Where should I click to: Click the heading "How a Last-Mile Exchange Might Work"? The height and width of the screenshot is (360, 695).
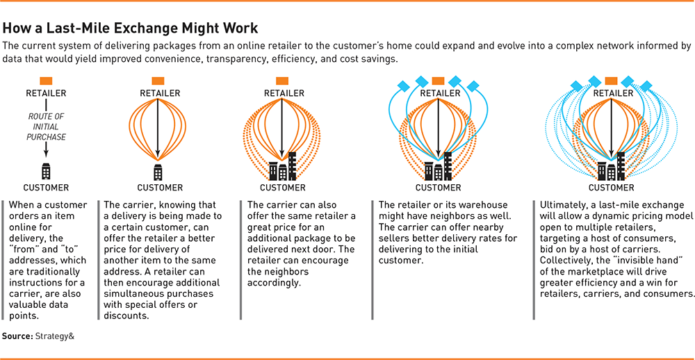pos(130,28)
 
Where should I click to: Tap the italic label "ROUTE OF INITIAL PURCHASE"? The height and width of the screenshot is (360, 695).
pos(47,127)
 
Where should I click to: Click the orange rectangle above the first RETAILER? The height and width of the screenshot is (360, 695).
pos(47,81)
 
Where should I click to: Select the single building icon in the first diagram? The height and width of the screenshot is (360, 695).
pos(47,171)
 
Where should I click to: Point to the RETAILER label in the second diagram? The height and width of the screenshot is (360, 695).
pos(160,94)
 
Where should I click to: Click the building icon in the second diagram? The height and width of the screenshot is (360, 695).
pos(158,171)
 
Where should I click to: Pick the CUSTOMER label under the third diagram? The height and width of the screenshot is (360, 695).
pos(282,188)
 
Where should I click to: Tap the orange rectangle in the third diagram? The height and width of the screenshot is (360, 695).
pos(282,81)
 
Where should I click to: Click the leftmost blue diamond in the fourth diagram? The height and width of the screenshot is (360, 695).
pos(404,86)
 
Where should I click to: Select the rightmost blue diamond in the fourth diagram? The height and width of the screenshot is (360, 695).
pos(473,86)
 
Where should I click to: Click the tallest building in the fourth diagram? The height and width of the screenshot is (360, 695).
pos(448,165)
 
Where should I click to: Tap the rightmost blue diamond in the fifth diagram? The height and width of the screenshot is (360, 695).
pos(646,86)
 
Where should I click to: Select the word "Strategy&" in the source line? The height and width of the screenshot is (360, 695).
pos(54,336)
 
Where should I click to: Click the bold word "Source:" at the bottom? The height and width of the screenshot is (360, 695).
pos(18,336)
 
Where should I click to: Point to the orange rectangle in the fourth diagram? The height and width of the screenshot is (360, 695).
pos(438,81)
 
